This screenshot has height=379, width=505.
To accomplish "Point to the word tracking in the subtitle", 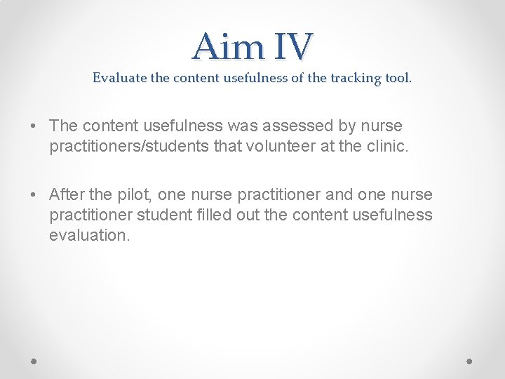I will tap(353, 78).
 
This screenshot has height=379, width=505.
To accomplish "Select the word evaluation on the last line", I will tap(89, 235).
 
